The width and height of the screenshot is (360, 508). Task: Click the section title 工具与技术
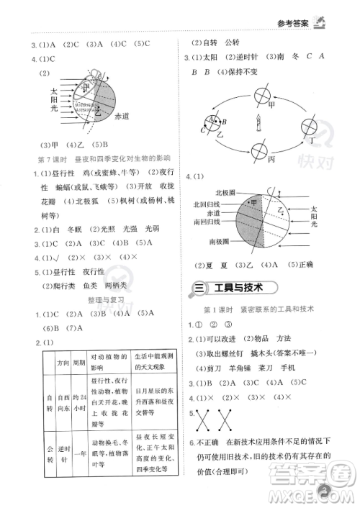[235, 288]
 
